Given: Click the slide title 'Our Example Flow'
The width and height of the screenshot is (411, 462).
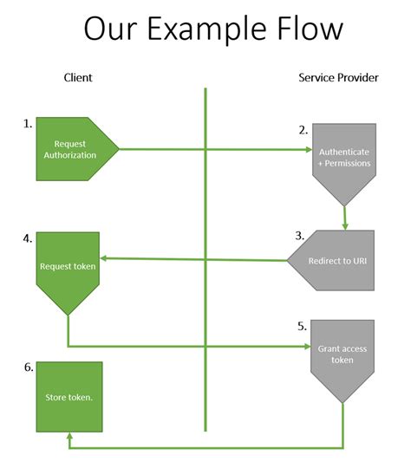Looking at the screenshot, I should (x=213, y=29).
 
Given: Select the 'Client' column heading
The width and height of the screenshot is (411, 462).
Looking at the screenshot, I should (x=78, y=78).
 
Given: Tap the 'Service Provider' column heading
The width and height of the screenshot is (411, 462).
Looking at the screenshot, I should (x=339, y=78).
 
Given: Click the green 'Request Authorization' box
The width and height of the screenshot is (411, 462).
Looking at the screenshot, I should (x=75, y=149).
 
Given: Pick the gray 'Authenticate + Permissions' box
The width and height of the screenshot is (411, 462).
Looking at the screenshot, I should (x=343, y=157).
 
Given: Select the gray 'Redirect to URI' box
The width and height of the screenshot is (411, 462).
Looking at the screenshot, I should (x=336, y=261).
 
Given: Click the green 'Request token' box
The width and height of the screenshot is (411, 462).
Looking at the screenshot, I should (x=68, y=267).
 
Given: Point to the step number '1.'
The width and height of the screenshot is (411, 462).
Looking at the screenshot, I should (x=28, y=124).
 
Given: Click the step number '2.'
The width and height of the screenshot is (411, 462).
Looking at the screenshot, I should (x=303, y=130).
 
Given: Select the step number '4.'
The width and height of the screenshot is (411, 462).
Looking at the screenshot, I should (x=28, y=237).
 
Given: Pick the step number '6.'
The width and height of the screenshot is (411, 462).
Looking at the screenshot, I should (x=28, y=368).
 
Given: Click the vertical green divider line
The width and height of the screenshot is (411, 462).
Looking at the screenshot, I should (x=205, y=260).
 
